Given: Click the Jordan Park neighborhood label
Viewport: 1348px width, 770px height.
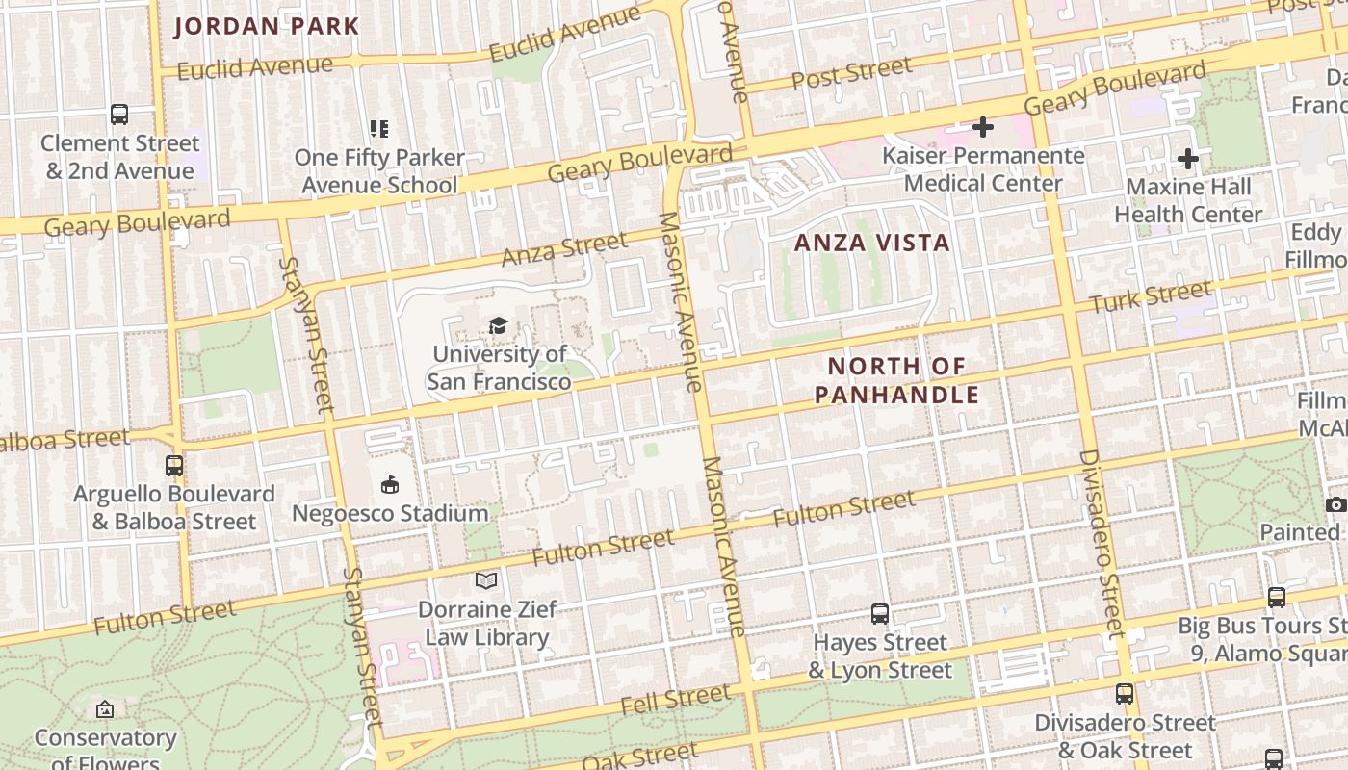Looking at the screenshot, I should point(266,26).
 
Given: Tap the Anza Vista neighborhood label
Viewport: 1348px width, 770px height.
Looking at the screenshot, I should point(871,243).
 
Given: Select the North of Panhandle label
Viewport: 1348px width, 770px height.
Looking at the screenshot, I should point(896,380).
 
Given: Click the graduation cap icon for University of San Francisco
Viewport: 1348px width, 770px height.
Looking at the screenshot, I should point(498,326).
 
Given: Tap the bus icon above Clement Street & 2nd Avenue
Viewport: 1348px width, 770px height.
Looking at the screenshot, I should point(119,115).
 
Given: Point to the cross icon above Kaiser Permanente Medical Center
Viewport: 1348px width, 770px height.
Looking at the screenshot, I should point(982,126).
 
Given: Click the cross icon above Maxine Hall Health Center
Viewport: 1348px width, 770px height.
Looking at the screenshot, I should point(1188,158).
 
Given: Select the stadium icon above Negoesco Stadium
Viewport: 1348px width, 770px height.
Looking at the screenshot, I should point(390,484).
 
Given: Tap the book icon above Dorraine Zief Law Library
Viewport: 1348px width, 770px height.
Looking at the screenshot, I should point(486,580).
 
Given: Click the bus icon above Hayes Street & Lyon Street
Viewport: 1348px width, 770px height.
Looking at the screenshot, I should point(879,613).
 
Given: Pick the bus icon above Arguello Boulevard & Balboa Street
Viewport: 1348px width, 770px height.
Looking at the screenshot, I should point(174,465).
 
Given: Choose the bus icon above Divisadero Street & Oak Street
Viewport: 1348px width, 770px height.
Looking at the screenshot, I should point(1124,693).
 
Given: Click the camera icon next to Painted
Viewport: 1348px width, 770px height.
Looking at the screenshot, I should point(1335,504).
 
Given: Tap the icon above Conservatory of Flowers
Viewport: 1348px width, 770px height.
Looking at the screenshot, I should point(105,710).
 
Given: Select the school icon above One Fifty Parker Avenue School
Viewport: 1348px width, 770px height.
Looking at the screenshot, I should point(379,128).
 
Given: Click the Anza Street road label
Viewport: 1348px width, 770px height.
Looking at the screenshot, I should point(564,249).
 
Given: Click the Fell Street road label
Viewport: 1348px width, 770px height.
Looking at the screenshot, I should point(676,700).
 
